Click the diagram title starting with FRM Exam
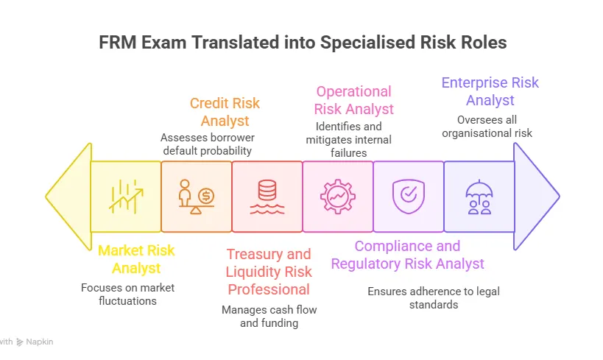(x=303, y=43)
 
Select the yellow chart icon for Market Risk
(x=126, y=197)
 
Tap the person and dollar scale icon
(x=197, y=197)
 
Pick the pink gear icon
(x=338, y=197)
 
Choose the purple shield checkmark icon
(x=408, y=197)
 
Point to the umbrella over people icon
(x=479, y=197)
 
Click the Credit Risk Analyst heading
(x=225, y=112)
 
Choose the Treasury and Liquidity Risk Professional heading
(x=268, y=272)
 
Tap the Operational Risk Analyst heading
(x=353, y=100)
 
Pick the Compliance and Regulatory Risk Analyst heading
(x=407, y=255)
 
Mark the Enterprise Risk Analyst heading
(x=490, y=91)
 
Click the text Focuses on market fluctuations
(x=128, y=294)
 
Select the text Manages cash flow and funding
(x=269, y=316)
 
